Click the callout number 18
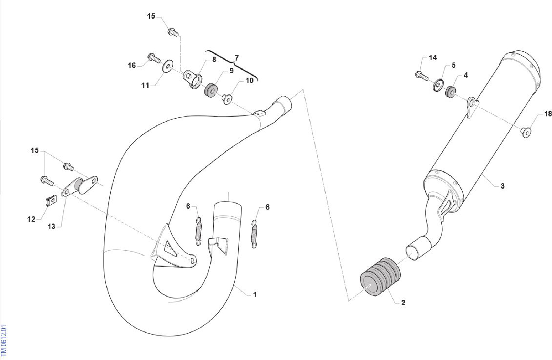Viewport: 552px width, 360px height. pos(548,114)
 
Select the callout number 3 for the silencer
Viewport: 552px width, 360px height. pos(502,186)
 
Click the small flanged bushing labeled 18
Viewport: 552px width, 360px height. pos(526,132)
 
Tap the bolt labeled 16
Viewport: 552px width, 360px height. pos(154,58)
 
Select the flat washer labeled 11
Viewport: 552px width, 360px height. pos(168,66)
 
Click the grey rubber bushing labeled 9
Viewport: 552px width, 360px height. pos(211,91)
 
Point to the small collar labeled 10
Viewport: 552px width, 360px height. pos(226,99)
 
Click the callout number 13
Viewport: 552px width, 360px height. pos(51,226)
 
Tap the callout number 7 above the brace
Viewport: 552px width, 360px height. pos(236,58)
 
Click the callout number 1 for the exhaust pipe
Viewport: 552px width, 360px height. pos(255,294)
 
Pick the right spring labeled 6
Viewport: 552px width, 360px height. pos(254,234)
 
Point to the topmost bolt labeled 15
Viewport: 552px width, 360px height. pos(173,32)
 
